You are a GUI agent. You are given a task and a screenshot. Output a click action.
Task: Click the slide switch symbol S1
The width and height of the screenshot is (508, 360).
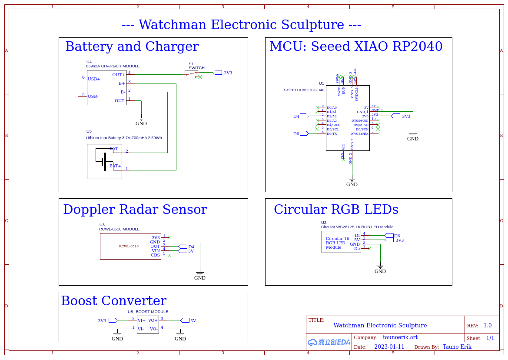tap(191, 74)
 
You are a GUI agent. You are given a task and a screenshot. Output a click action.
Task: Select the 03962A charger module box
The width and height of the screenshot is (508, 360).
tap(106, 87)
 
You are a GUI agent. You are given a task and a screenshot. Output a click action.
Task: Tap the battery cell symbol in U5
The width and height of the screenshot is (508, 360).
tap(104, 161)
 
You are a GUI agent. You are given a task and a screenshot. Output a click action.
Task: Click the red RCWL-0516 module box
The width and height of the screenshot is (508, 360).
tap(130, 246)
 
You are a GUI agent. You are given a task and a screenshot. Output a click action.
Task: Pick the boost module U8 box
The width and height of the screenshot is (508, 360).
tap(148, 324)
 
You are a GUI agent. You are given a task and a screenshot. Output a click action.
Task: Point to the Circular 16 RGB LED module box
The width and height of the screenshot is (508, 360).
tap(341, 242)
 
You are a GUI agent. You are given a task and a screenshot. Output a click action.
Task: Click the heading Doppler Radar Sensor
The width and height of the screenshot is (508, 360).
tap(135, 210)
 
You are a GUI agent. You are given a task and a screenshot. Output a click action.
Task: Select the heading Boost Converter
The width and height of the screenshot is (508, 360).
tap(113, 301)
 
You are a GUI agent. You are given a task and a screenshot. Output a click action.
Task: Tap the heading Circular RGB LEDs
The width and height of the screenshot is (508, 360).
tap(336, 210)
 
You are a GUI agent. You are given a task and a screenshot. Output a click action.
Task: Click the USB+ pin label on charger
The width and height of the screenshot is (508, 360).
tap(94, 79)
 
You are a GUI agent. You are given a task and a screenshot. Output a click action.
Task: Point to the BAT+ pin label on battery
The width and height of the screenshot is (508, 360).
tap(115, 166)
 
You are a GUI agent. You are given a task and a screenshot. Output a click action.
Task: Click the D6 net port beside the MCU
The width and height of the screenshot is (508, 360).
tap(304, 133)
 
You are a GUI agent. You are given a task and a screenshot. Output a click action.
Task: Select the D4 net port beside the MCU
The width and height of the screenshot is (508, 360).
tap(304, 116)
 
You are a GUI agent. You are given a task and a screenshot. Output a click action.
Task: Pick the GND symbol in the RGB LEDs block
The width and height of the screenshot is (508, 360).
tap(380, 267)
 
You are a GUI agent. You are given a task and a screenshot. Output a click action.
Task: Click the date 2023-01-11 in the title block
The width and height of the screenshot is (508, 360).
tap(389, 347)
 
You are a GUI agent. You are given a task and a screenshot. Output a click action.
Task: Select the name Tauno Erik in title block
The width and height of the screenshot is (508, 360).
tap(457, 347)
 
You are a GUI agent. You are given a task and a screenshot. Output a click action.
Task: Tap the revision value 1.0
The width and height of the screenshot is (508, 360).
tap(488, 326)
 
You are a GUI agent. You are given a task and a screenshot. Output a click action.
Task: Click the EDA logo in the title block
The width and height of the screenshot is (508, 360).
tap(329, 342)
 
